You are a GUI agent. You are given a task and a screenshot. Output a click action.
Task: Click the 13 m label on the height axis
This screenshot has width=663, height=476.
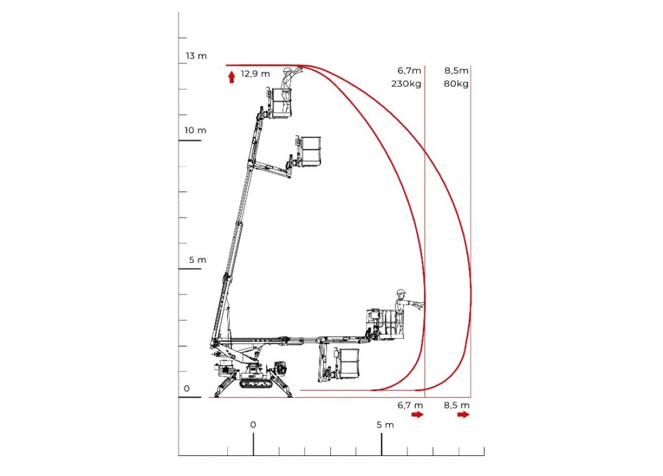(x=196, y=56)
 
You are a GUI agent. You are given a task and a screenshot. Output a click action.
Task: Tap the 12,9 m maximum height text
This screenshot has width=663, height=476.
(x=255, y=74)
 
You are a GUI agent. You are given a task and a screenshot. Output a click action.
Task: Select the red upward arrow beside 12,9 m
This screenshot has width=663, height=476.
(x=232, y=77)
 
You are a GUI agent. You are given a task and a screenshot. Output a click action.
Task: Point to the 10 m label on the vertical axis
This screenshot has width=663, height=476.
(x=195, y=130)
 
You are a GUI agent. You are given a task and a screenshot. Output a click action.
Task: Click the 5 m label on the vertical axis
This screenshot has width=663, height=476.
(x=197, y=260)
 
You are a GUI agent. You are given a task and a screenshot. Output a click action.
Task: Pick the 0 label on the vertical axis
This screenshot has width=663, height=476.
(x=187, y=389)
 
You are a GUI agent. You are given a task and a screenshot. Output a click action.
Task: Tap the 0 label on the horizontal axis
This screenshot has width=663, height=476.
(x=253, y=425)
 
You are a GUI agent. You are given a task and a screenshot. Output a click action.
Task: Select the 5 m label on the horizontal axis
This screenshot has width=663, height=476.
(x=385, y=425)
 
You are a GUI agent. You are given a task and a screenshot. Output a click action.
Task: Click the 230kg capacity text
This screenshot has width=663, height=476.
(x=406, y=84)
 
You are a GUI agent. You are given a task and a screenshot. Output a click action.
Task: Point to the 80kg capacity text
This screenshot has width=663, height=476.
(x=456, y=84)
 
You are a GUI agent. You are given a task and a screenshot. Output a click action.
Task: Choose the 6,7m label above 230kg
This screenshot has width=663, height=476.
(x=409, y=71)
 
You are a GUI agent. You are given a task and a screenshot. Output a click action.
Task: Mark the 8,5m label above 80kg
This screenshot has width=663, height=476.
(x=457, y=71)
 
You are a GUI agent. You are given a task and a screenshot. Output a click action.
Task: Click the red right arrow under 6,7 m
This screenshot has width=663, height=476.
(x=418, y=414)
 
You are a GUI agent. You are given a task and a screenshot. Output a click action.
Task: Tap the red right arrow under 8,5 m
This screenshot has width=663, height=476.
(x=464, y=414)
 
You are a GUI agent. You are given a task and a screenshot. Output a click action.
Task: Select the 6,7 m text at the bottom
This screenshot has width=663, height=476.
(x=410, y=405)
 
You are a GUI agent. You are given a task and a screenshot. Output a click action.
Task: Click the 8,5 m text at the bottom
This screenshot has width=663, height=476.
(x=456, y=405)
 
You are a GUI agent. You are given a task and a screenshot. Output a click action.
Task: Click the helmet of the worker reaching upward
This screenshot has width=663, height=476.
(x=287, y=71)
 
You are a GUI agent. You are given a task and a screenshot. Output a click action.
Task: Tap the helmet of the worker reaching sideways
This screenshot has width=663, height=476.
(x=401, y=292)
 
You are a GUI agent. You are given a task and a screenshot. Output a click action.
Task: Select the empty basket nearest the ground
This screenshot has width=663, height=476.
(x=348, y=363)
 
